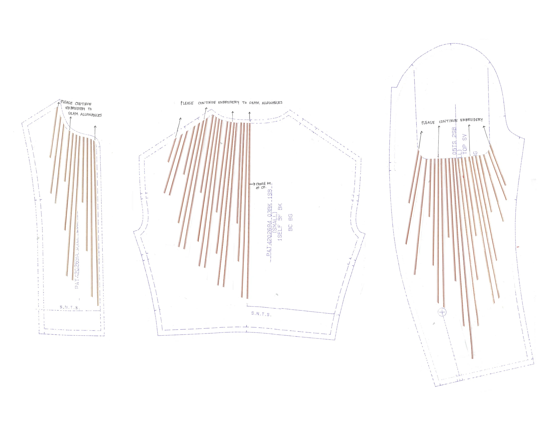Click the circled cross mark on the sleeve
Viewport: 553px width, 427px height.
(x=442, y=312)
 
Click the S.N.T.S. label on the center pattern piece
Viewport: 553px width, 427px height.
(x=261, y=314)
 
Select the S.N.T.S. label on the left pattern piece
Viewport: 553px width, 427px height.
(x=69, y=307)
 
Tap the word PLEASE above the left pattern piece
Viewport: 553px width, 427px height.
(x=67, y=103)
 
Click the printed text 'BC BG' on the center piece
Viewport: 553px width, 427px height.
(x=290, y=222)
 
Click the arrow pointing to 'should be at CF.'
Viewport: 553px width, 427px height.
(x=252, y=184)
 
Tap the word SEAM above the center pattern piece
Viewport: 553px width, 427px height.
(x=254, y=103)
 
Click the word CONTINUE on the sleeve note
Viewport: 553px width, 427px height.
(x=448, y=121)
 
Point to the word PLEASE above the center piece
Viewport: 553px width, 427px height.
(x=187, y=103)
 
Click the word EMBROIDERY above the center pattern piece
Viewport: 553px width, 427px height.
(x=228, y=103)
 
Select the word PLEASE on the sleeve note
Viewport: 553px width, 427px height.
(x=428, y=123)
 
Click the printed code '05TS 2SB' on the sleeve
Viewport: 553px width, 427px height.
(x=454, y=141)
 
